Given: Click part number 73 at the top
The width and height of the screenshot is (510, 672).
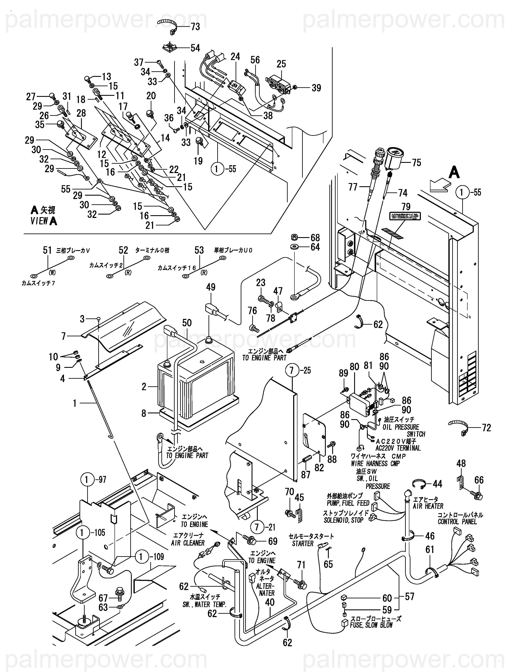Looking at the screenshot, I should point(195,27).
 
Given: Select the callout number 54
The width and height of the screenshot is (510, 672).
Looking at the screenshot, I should point(195,48).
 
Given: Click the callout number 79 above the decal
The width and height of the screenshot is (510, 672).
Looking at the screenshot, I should point(406,207).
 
